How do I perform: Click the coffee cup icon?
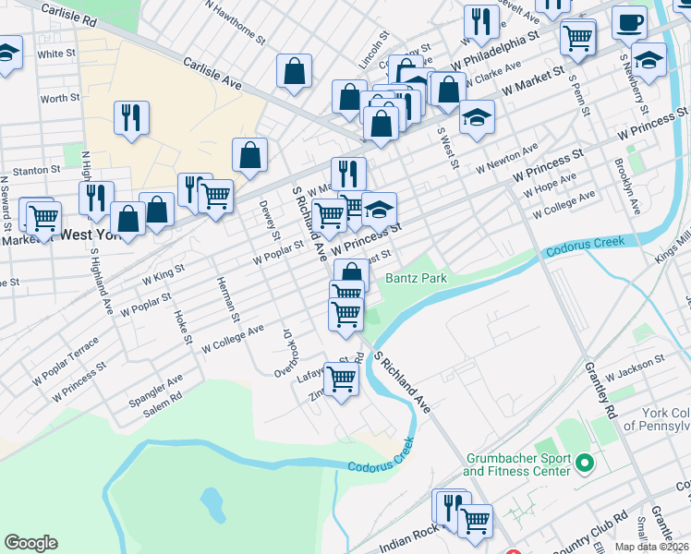point(629,22)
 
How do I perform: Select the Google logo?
point(30,543)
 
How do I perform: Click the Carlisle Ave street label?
point(212,75)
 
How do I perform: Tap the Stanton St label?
point(37,170)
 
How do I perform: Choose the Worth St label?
point(60,98)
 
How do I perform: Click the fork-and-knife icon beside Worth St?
point(131,117)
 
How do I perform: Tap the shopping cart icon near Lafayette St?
point(342,379)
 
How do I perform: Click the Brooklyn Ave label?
point(628,186)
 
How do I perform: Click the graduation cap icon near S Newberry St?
point(649,59)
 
